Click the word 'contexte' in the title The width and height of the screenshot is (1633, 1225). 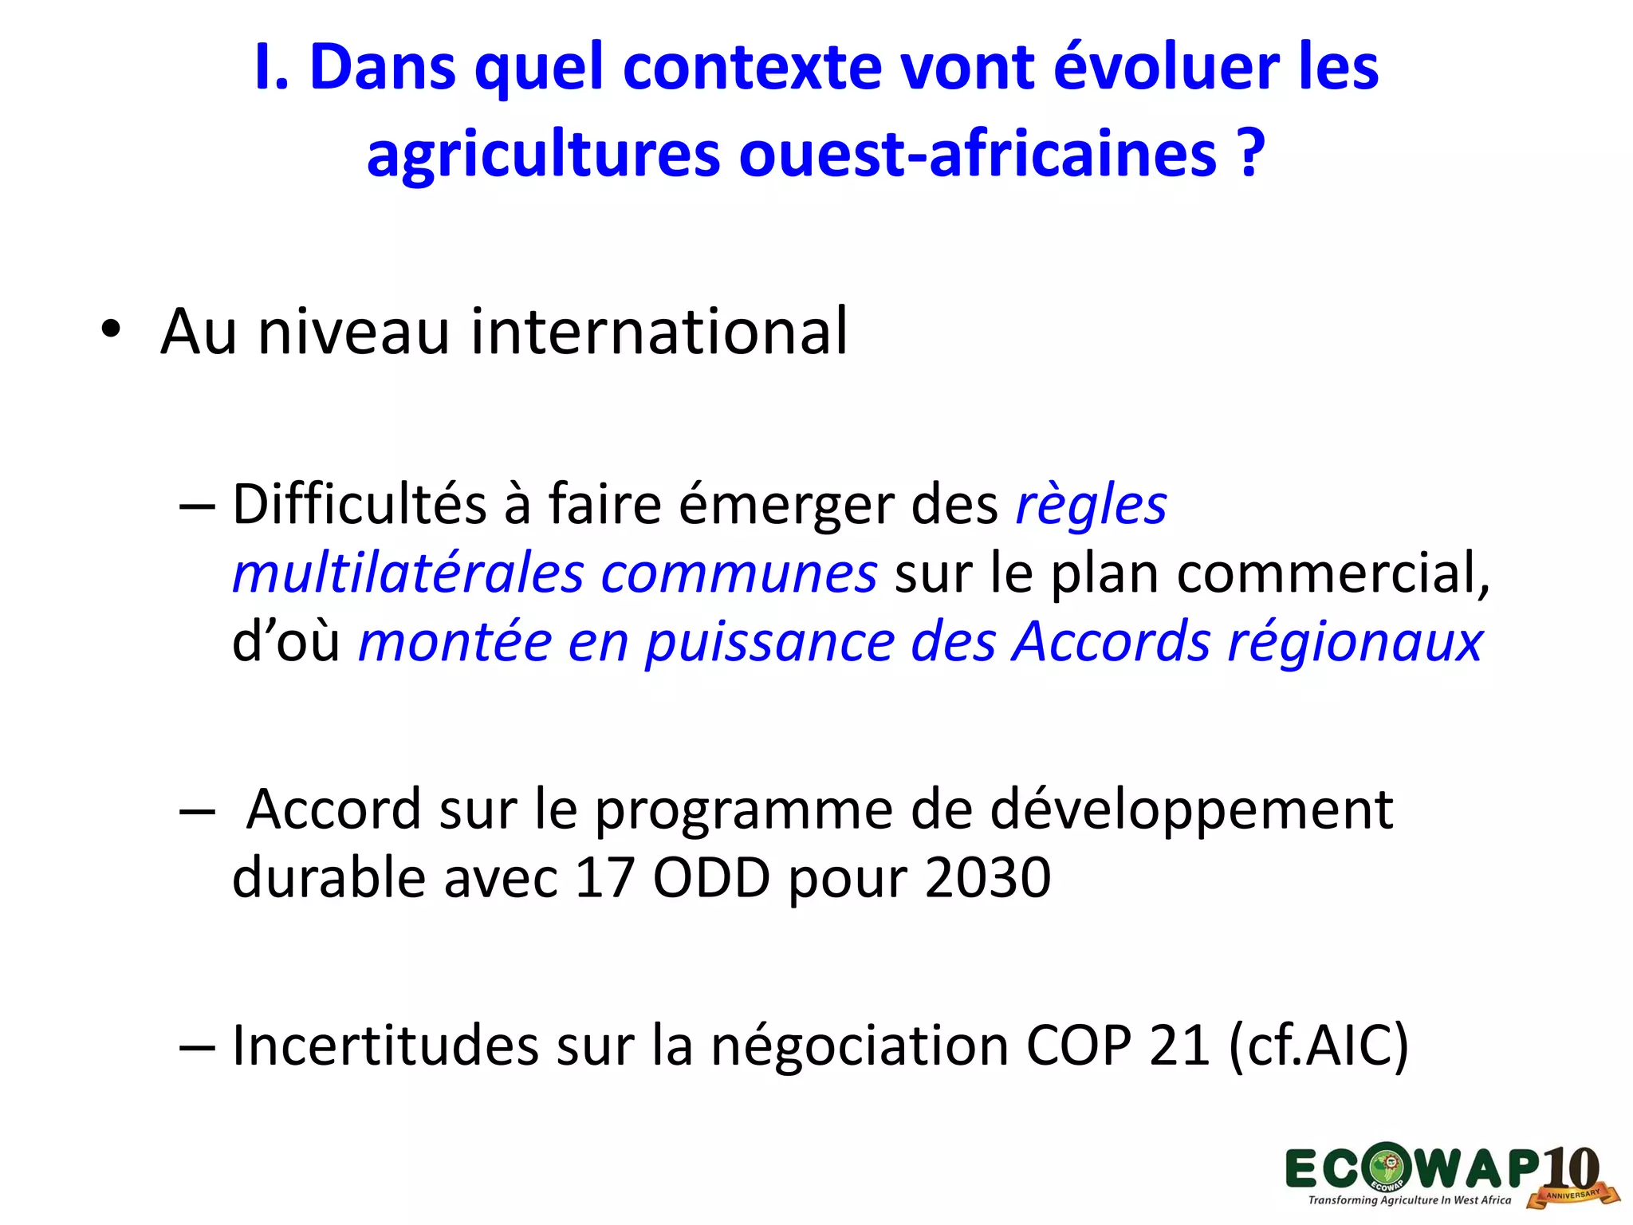pos(752,67)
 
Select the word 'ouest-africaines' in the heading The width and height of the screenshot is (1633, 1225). pos(978,153)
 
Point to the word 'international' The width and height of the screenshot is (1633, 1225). pos(659,331)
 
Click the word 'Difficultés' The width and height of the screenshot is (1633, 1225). pos(359,505)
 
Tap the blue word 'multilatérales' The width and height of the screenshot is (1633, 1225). pos(407,574)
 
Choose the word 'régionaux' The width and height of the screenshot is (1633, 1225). pos(1355,642)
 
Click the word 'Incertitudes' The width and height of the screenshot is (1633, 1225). pos(385,1046)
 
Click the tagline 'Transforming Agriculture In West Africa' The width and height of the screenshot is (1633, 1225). pos(1409,1200)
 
